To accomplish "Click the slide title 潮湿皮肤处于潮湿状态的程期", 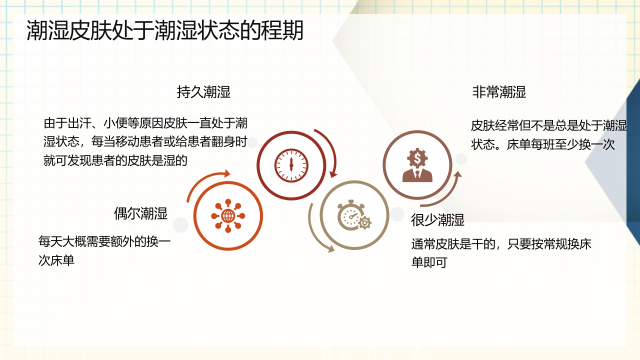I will point(165,30).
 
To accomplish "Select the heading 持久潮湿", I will point(203,92).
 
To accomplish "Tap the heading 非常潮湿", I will point(499,92).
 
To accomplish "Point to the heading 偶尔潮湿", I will point(140,213).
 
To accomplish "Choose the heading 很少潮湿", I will point(437,219).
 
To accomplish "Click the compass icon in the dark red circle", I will point(291,165).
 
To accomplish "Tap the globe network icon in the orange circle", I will point(228,216).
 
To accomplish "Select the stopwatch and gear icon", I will point(354,215).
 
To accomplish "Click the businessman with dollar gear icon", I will point(417,165).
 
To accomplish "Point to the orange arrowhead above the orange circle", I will point(227,173).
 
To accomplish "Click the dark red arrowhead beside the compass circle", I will point(332,173).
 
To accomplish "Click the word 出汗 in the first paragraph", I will point(79,123).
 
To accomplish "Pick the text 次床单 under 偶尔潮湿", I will point(56,260).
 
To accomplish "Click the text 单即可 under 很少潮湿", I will point(429,262).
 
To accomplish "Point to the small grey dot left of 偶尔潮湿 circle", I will point(180,225).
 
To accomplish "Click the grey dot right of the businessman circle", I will point(461,159).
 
